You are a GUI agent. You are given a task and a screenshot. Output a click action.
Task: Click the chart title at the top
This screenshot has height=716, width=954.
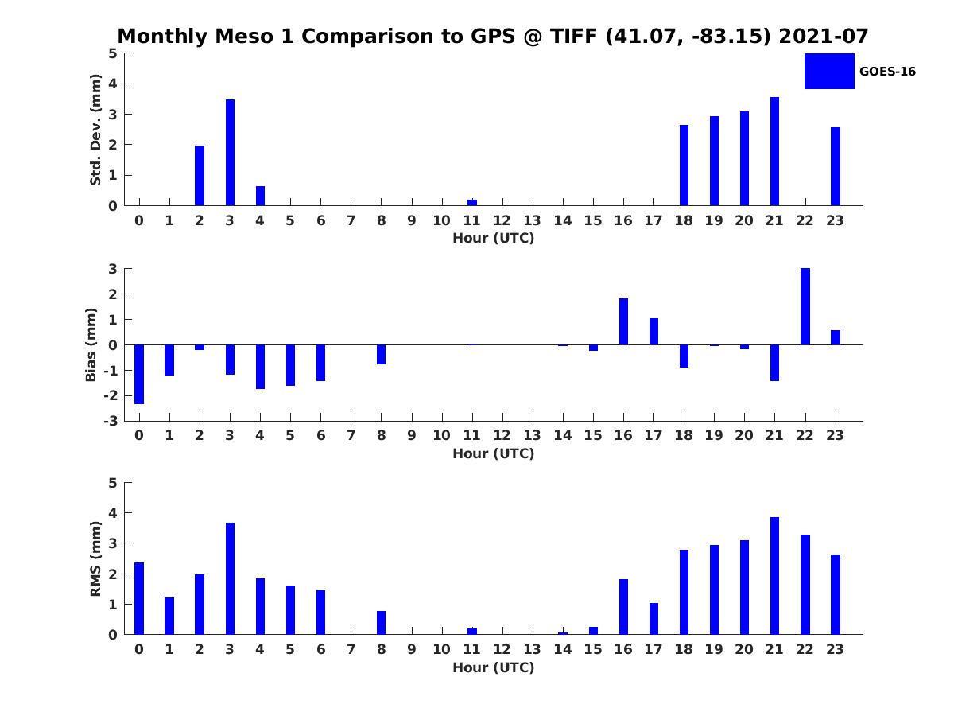pos(493,37)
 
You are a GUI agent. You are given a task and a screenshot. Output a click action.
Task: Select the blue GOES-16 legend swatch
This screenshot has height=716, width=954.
pos(829,71)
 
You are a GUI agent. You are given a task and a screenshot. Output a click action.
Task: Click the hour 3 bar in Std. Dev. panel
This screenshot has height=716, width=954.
pos(230,153)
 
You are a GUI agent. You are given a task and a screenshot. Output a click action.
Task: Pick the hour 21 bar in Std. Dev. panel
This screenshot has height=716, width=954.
pos(774,151)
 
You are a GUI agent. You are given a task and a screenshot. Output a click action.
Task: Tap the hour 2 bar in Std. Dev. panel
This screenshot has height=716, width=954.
pos(200,176)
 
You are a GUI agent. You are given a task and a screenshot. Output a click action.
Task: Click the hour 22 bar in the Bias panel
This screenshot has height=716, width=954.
pos(805,306)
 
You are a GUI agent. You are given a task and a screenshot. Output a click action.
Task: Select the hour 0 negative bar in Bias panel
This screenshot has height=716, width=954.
pos(139,374)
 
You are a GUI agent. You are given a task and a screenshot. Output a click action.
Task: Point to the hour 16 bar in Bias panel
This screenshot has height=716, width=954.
pos(623,321)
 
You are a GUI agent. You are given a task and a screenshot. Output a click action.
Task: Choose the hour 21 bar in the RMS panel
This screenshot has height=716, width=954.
pos(774,576)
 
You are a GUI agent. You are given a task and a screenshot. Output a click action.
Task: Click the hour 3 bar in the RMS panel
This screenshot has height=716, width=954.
pos(230,578)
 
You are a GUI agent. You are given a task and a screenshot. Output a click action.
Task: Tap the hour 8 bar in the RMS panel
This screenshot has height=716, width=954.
pos(382,622)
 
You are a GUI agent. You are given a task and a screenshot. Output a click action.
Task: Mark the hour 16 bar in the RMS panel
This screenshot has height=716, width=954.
pos(623,606)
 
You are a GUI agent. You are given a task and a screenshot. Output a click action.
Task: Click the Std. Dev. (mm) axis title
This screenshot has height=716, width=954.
pos(95,130)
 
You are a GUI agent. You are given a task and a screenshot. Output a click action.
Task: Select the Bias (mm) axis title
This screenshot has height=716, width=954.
pos(92,344)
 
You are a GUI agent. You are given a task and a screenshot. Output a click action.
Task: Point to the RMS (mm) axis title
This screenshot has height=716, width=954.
pos(95,558)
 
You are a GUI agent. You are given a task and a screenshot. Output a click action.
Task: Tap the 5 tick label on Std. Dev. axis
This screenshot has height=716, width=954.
pos(114,53)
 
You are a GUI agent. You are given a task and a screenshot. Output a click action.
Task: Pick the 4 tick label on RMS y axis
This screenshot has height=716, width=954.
pos(114,513)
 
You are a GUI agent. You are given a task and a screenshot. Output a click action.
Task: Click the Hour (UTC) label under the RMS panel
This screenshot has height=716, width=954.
pos(493,667)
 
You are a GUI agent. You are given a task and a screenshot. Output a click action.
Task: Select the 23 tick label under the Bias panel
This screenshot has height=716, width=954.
pos(835,435)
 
